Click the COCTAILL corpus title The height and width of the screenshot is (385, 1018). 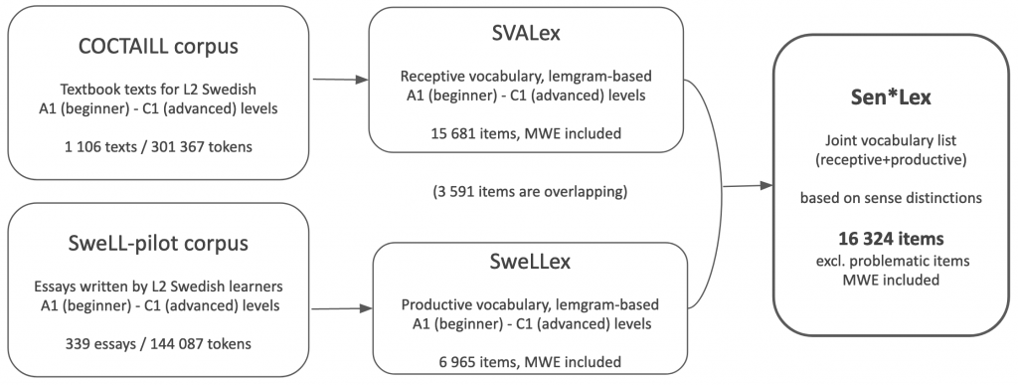click(158, 46)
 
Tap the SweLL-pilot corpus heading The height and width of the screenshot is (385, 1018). click(158, 243)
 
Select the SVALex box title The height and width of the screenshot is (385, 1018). click(526, 34)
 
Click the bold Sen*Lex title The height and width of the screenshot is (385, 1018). click(891, 97)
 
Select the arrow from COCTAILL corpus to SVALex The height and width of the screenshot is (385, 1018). click(340, 80)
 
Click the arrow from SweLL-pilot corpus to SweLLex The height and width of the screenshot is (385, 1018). click(342, 308)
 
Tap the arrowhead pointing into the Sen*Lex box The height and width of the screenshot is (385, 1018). click(766, 186)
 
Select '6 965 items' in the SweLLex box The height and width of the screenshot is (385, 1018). click(476, 362)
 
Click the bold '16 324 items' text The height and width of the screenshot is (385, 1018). click(891, 239)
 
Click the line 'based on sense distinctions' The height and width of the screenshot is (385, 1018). click(891, 198)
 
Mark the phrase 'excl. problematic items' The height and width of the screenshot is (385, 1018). click(891, 261)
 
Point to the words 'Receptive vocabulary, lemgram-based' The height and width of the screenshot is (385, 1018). click(526, 77)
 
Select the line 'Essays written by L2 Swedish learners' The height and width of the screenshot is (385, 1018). click(158, 287)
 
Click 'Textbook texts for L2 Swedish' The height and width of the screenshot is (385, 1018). click(158, 90)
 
